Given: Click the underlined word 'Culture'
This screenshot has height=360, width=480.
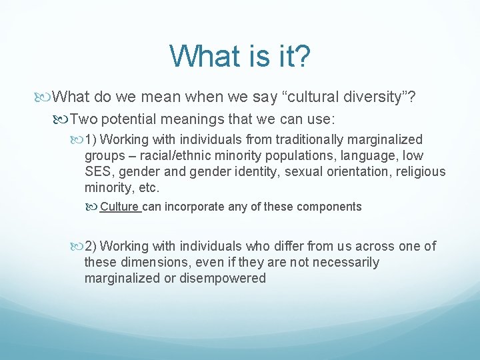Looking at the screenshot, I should click(x=119, y=207).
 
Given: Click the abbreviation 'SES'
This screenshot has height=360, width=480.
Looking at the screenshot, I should click(x=97, y=171).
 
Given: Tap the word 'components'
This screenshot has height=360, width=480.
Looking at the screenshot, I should click(x=329, y=207).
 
